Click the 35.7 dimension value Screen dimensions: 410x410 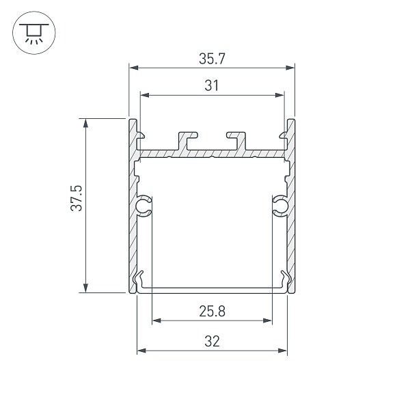(212, 59)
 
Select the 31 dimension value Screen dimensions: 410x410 (212, 86)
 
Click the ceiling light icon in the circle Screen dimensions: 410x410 (32, 33)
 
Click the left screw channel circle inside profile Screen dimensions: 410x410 (144, 206)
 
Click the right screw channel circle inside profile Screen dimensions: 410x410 (279, 206)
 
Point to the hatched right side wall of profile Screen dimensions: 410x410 (292, 219)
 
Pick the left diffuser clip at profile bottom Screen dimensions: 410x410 (141, 280)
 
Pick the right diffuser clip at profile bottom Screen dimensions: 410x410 (284, 280)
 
